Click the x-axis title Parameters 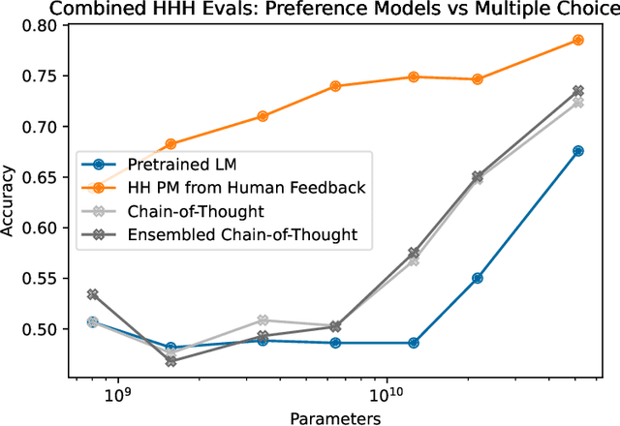(x=334, y=417)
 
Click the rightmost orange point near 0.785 (x=578, y=40)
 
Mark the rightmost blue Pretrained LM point (x=578, y=151)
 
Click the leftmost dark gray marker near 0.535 (x=93, y=294)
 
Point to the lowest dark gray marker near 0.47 (x=170, y=361)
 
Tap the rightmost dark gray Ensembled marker (x=578, y=90)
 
